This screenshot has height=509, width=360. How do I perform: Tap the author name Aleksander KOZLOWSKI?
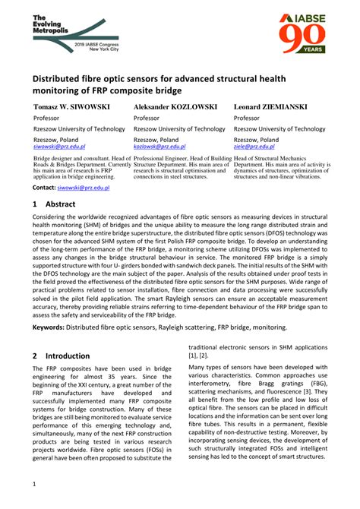point(175,106)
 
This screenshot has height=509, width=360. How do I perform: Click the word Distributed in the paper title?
point(63,77)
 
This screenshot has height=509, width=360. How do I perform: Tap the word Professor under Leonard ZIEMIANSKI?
point(247,119)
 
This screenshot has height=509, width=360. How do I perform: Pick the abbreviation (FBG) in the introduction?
point(318,379)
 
